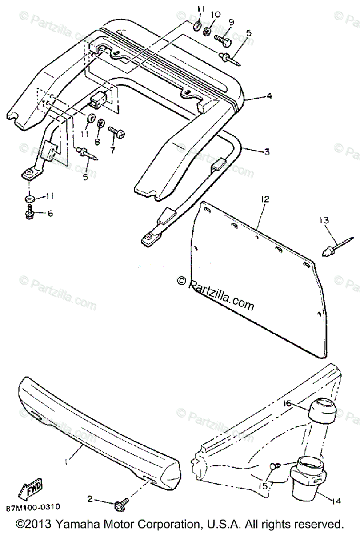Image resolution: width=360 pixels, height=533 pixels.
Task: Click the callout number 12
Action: pos(265,199)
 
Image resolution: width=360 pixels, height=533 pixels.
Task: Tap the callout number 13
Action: pos(324,220)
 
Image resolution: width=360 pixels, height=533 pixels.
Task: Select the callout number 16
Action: pos(287,404)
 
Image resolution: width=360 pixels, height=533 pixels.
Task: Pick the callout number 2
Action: pos(90,499)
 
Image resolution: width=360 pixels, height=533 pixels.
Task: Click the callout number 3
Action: pos(266,152)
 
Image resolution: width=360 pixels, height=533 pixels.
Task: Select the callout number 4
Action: pos(269,95)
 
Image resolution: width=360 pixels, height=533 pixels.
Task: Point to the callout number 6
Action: pos(50,213)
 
